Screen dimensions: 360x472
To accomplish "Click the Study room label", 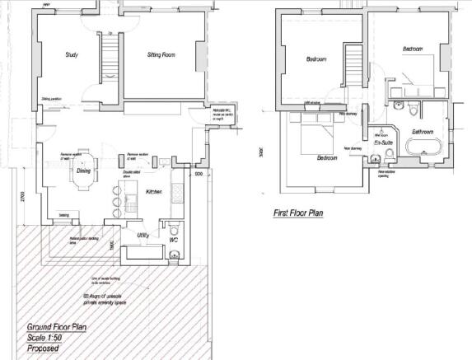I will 72,55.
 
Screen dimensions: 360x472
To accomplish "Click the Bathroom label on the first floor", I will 423,132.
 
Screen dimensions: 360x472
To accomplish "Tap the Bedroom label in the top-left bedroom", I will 316,59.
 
